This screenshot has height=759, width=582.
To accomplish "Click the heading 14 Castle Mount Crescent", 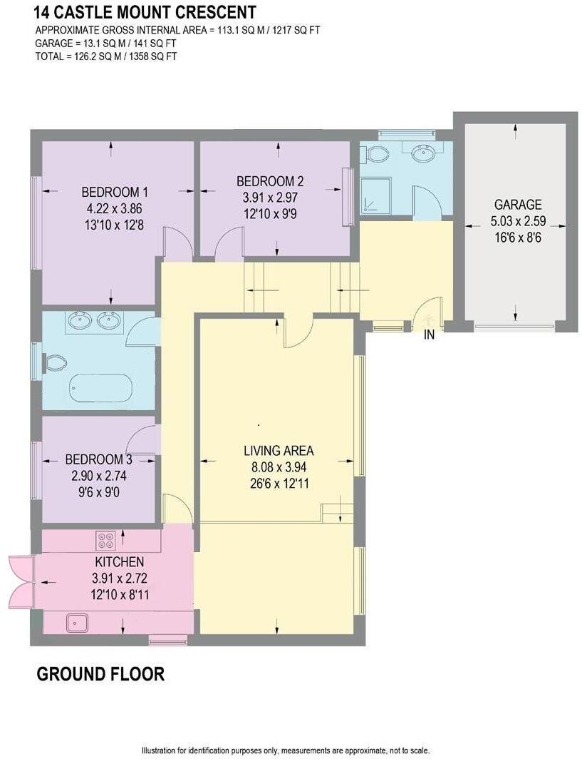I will pos(135,12).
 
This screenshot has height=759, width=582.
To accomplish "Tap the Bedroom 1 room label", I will pos(114,192).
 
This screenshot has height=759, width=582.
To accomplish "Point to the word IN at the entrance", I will pos(430,334).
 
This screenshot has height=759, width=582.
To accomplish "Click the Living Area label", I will pos(278,451).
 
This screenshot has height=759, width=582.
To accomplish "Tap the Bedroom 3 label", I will pos(98,459).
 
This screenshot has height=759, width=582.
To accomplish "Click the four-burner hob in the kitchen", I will pos(106,539).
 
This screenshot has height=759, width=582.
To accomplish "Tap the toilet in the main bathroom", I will pos(54,364).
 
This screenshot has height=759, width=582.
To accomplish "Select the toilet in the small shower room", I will pos(375,153).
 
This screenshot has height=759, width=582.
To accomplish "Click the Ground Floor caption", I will pos(100,673).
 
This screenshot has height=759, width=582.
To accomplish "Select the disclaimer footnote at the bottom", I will pos(286,750).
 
